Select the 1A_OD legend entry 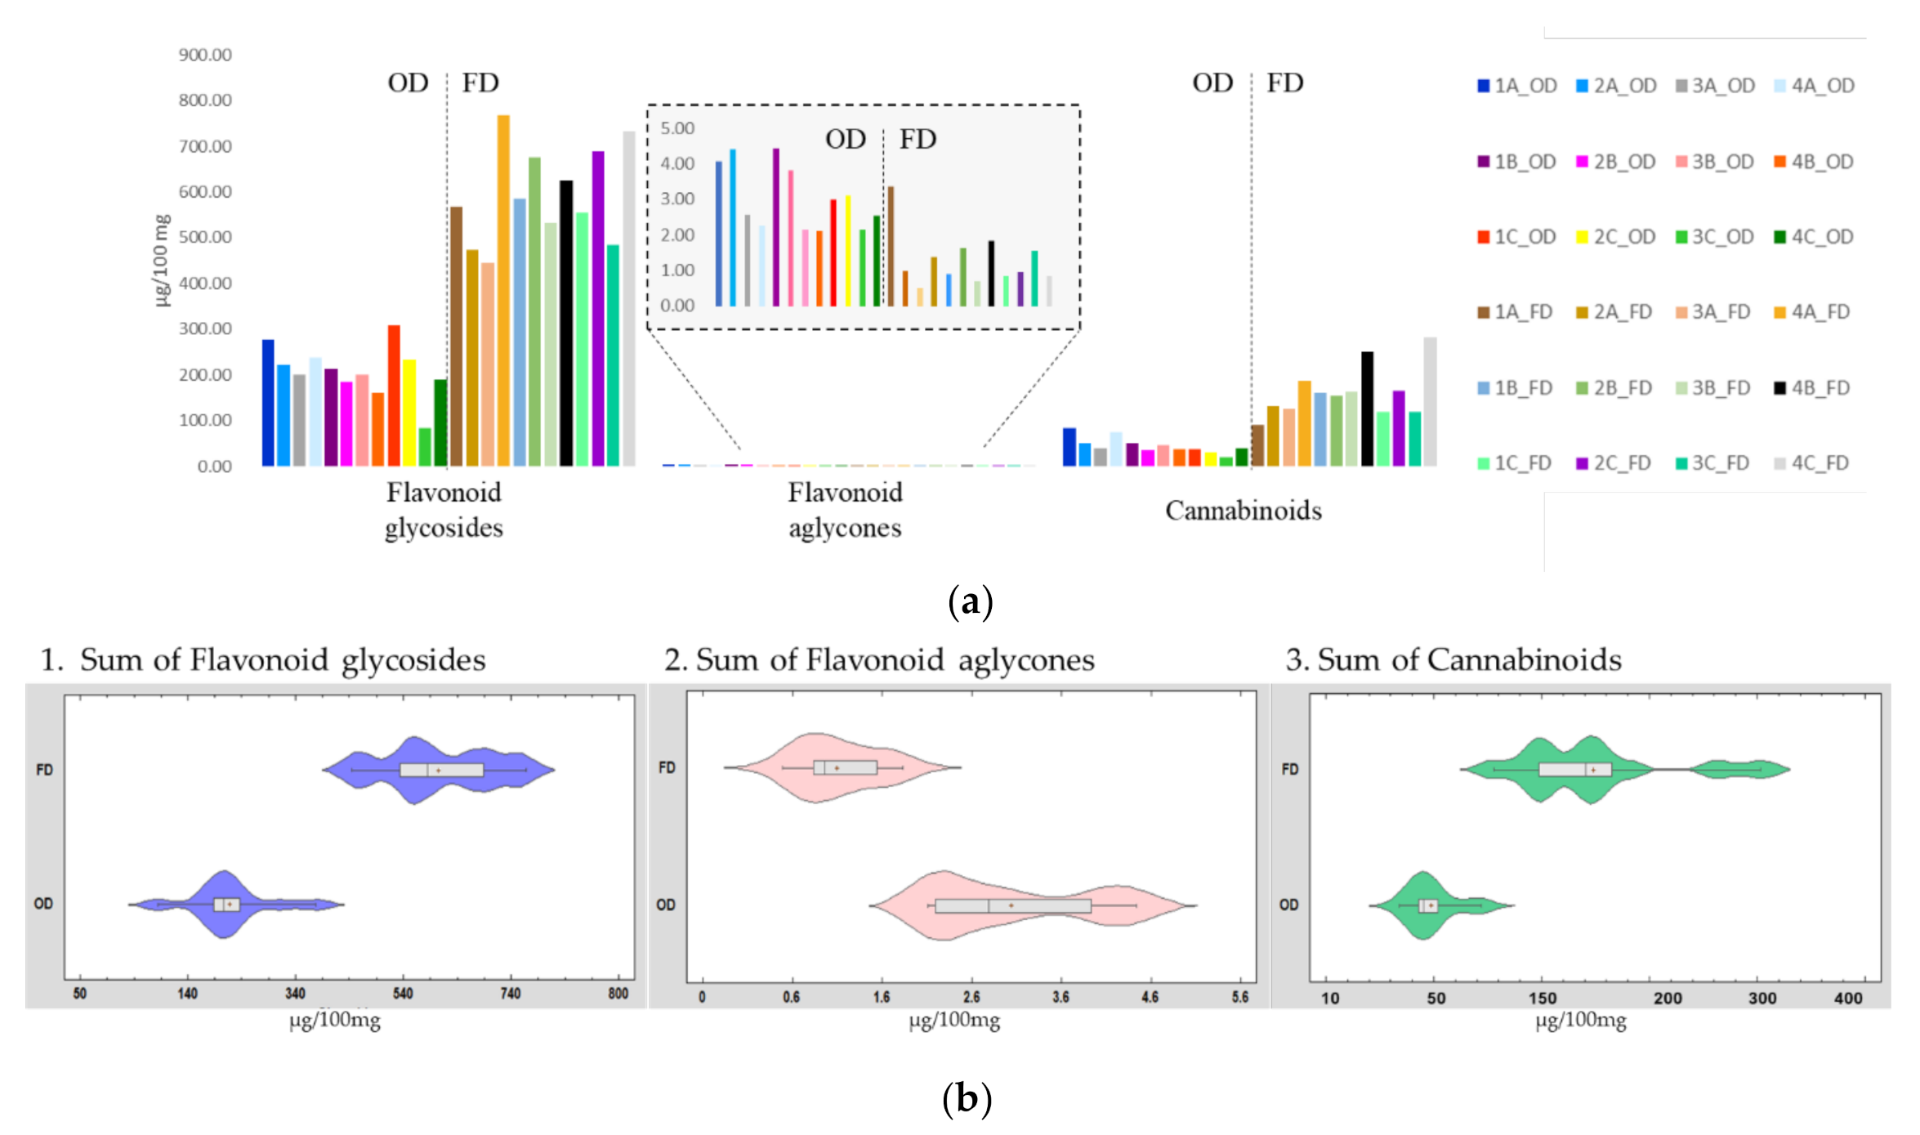(x=1516, y=86)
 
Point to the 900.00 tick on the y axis (x=205, y=55)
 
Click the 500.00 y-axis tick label (x=205, y=237)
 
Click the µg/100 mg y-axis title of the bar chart (x=162, y=260)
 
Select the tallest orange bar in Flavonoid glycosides (x=503, y=290)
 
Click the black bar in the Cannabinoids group (x=1367, y=409)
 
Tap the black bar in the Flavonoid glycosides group (x=566, y=323)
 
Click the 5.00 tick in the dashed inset (x=677, y=128)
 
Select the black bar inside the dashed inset (x=991, y=274)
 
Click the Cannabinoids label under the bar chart (x=1243, y=511)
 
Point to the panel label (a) (x=970, y=602)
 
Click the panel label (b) (x=967, y=1099)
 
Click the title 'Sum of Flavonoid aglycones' (x=895, y=660)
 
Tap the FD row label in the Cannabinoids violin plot (x=1289, y=770)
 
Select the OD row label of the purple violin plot (x=43, y=904)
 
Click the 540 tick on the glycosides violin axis (x=403, y=994)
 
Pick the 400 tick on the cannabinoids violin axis (x=1848, y=998)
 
